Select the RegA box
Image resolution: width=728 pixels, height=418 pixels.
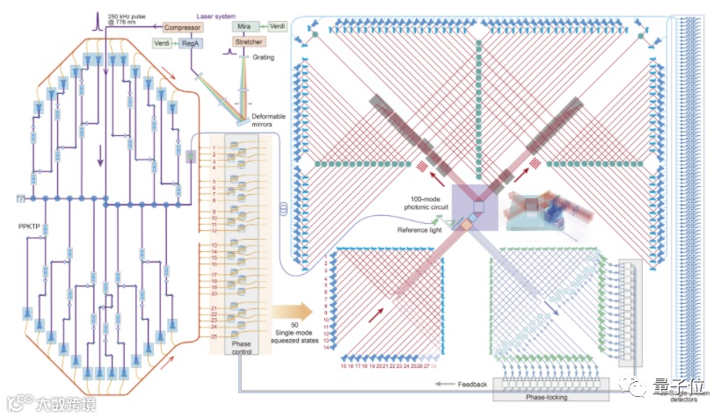[x=193, y=43]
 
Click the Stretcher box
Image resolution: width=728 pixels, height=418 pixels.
[x=248, y=42]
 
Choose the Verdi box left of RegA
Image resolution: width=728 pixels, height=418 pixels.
[x=163, y=43]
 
